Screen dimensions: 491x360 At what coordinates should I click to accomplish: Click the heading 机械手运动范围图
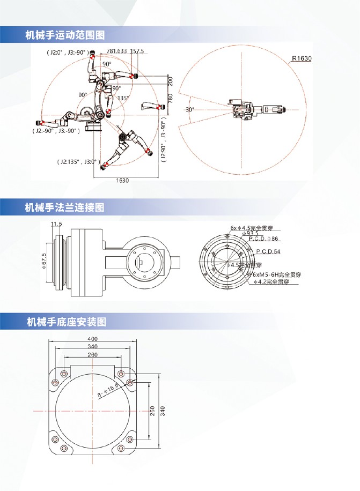[64, 35]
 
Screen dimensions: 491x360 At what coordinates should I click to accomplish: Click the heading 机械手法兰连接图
[64, 207]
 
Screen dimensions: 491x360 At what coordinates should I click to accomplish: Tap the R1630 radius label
[302, 59]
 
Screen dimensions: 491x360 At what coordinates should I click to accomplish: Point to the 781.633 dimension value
[116, 51]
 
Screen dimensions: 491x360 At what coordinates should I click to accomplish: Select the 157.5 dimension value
[137, 51]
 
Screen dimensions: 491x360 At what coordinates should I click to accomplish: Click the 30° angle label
[189, 109]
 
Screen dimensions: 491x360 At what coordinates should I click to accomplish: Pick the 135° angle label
[123, 98]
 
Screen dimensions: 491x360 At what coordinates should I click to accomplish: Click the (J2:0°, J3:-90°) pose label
[67, 53]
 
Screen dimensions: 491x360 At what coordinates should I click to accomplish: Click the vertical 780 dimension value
[170, 99]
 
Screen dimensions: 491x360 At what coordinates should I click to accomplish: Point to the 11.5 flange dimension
[56, 224]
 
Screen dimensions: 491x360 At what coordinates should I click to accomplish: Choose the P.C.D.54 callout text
[269, 251]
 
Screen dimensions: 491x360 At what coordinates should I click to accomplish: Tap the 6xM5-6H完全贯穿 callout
[277, 274]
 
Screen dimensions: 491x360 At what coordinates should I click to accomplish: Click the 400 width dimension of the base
[93, 339]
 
